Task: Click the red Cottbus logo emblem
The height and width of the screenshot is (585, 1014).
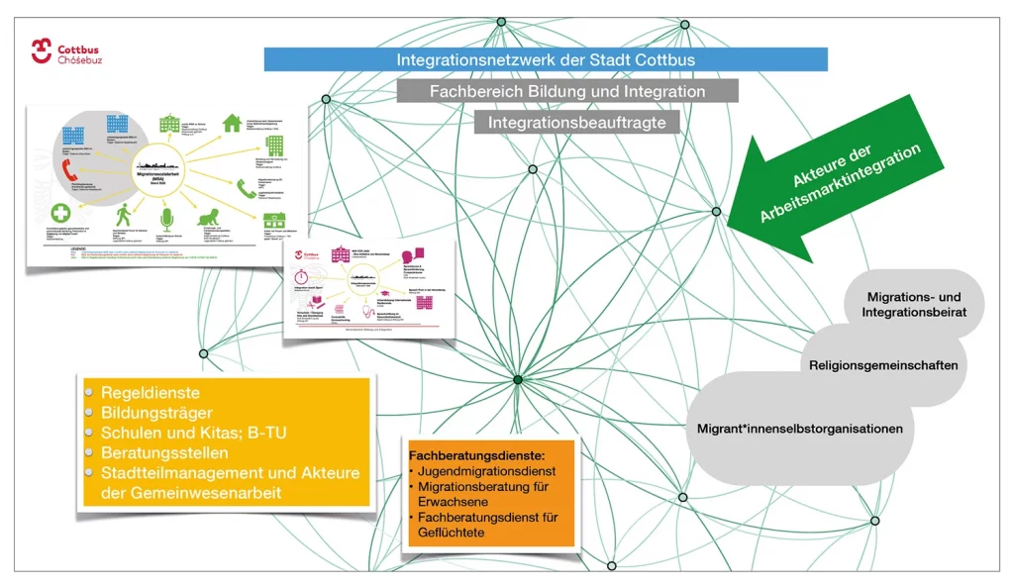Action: coord(41,51)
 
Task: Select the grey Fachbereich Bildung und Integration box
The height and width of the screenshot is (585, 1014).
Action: coord(567,91)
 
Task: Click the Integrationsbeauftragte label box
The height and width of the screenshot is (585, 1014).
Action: coord(582,123)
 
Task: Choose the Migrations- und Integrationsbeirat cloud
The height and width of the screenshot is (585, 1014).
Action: coord(913,304)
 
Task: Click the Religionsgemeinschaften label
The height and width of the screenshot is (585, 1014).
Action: coord(883,365)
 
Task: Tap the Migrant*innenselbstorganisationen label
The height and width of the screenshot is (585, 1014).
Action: coord(800,429)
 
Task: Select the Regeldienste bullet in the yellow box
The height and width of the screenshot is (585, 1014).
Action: coord(150,392)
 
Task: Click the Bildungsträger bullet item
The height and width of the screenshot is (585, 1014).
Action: coord(155,413)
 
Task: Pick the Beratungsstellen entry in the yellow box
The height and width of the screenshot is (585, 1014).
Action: coord(164,452)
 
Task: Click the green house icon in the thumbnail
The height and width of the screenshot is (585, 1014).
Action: coord(232,123)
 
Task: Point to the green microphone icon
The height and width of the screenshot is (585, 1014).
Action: coord(166,216)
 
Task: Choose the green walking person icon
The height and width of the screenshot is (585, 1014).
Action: coord(123,214)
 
